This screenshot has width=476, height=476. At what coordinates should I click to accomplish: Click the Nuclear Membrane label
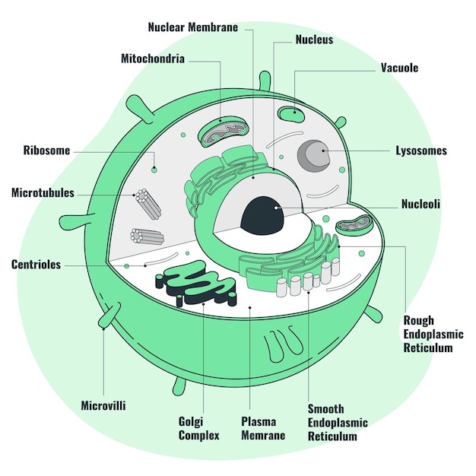(x=192, y=27)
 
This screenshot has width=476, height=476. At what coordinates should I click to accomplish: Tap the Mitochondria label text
(x=152, y=59)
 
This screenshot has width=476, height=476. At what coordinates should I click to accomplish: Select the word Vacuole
(x=399, y=68)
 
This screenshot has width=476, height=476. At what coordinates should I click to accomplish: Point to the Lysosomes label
(x=420, y=151)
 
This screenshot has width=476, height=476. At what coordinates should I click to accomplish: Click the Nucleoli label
(x=420, y=204)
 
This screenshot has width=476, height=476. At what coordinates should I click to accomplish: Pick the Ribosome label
(x=46, y=151)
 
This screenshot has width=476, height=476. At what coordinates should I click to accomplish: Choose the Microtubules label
(x=43, y=192)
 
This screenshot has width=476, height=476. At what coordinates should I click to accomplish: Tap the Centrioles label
(x=36, y=265)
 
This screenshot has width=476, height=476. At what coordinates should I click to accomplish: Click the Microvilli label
(x=103, y=405)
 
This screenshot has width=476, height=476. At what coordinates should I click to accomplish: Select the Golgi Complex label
(x=198, y=428)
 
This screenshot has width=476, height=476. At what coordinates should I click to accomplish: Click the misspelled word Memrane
(x=263, y=436)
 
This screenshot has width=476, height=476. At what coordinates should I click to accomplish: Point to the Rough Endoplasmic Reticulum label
(x=433, y=335)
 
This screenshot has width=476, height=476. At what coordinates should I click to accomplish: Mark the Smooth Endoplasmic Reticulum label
(x=338, y=422)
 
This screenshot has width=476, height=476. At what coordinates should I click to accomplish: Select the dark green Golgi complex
(x=199, y=282)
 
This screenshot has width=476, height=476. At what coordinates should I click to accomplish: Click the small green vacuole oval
(x=290, y=114)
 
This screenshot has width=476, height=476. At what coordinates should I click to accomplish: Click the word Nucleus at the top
(x=314, y=40)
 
